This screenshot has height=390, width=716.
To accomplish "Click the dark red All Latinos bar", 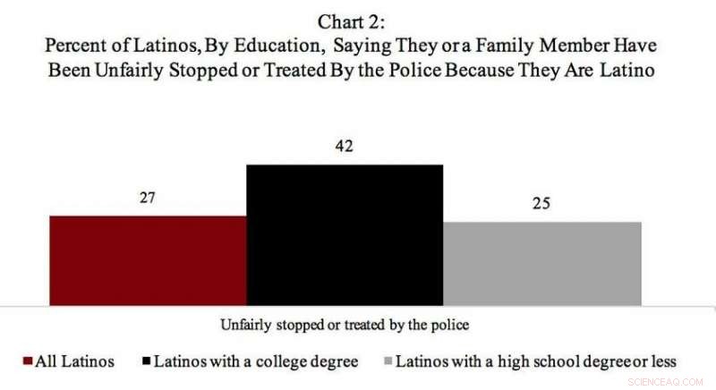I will click(x=148, y=259).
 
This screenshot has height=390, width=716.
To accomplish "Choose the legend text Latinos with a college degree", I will click(x=256, y=361).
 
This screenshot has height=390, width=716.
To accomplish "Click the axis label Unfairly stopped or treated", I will click(x=345, y=320).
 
